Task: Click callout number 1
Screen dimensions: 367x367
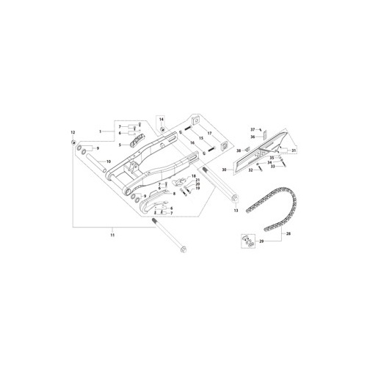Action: click(x=101, y=131)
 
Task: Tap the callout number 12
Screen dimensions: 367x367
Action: click(x=73, y=131)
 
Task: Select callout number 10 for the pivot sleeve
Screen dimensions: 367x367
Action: click(x=108, y=161)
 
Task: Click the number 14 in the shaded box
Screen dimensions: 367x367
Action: click(x=161, y=118)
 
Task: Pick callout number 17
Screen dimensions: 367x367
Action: click(x=210, y=133)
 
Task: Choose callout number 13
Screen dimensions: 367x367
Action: click(x=236, y=210)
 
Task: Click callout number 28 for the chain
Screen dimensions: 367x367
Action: click(x=288, y=233)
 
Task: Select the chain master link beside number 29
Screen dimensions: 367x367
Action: click(x=248, y=241)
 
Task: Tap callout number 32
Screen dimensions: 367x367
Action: click(x=250, y=170)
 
